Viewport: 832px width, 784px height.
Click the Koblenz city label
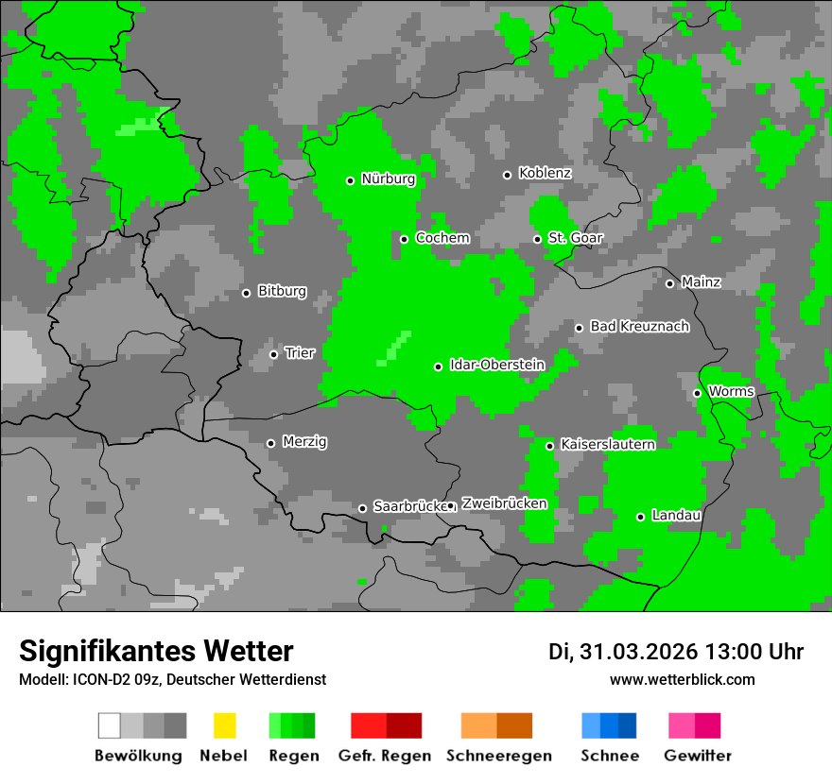tap(545, 173)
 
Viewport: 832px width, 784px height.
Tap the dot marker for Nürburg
tap(350, 180)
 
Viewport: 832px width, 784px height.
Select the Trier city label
tap(299, 352)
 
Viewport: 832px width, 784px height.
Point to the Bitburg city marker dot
tap(246, 293)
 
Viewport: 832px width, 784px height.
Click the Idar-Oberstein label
tap(496, 365)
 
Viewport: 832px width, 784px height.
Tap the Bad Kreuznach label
tap(639, 326)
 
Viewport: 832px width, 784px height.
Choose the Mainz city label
tap(701, 281)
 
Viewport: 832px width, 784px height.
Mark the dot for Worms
tap(697, 393)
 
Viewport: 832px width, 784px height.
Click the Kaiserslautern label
tap(607, 444)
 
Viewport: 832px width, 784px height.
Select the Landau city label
tap(676, 515)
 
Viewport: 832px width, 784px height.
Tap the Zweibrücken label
tap(504, 503)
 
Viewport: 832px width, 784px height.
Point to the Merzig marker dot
tap(270, 443)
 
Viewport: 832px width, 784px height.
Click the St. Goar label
tap(575, 238)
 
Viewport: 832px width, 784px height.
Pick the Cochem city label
tap(442, 238)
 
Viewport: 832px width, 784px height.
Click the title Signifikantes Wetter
tap(156, 651)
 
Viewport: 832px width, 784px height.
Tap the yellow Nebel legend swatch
tap(224, 725)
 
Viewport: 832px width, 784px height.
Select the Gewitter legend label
tap(697, 756)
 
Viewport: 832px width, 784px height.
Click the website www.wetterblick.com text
tap(682, 679)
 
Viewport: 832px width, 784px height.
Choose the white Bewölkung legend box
tap(110, 725)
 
